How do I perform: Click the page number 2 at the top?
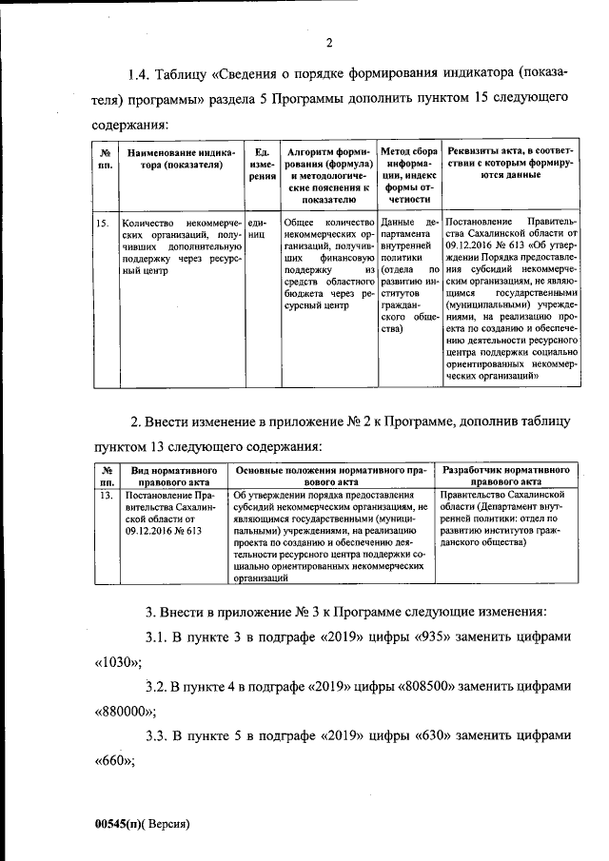[x=328, y=41]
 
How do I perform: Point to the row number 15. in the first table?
[x=102, y=222]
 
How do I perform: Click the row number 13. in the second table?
[x=107, y=495]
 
